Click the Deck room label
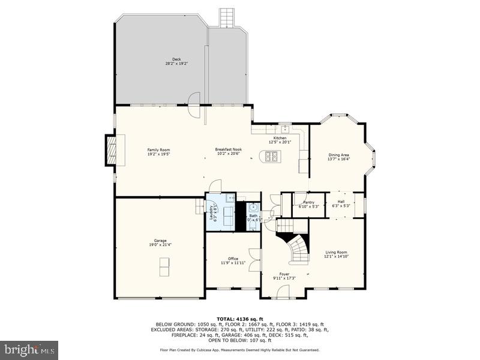[x=176, y=59]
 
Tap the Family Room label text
[x=159, y=149]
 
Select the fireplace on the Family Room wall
[x=112, y=150]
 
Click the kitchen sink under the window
[x=285, y=128]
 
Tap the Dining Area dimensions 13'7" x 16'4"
[x=338, y=159]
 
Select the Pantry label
[x=308, y=202]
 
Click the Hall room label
[x=341, y=202]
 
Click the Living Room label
[x=336, y=252]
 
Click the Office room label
[x=233, y=259]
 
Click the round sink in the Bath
[x=253, y=208]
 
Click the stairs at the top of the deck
[x=226, y=17]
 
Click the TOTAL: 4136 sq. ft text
[x=239, y=319]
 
